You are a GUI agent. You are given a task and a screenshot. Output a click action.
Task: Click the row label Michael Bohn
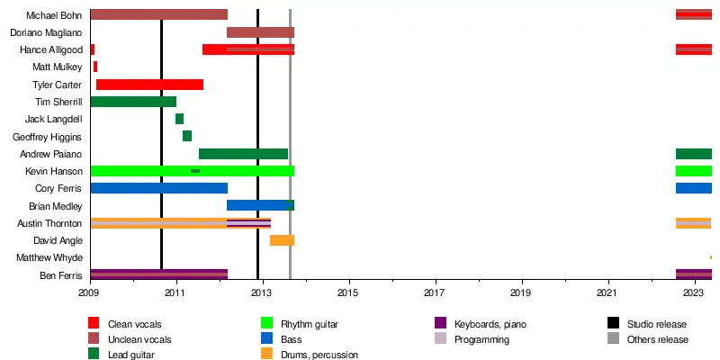click(x=54, y=15)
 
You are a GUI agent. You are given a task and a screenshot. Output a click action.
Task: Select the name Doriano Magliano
click(x=46, y=32)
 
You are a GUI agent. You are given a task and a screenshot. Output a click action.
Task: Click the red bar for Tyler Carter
click(x=149, y=85)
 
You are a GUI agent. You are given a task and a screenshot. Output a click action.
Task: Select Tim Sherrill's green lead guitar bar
click(x=133, y=102)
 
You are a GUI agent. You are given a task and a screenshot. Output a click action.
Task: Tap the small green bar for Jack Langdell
click(x=179, y=119)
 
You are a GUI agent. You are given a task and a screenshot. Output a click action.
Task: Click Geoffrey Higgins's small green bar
click(x=187, y=136)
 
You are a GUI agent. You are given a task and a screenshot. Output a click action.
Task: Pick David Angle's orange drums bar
click(x=282, y=240)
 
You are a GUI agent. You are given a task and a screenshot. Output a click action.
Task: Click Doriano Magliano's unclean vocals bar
click(x=260, y=32)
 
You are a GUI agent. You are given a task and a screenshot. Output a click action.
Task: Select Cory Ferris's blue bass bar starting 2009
click(x=158, y=188)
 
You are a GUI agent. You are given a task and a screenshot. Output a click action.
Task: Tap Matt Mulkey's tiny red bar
click(x=95, y=67)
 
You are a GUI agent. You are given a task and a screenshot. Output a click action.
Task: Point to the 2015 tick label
click(x=348, y=293)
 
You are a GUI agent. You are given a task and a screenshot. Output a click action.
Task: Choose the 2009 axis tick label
click(x=90, y=293)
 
